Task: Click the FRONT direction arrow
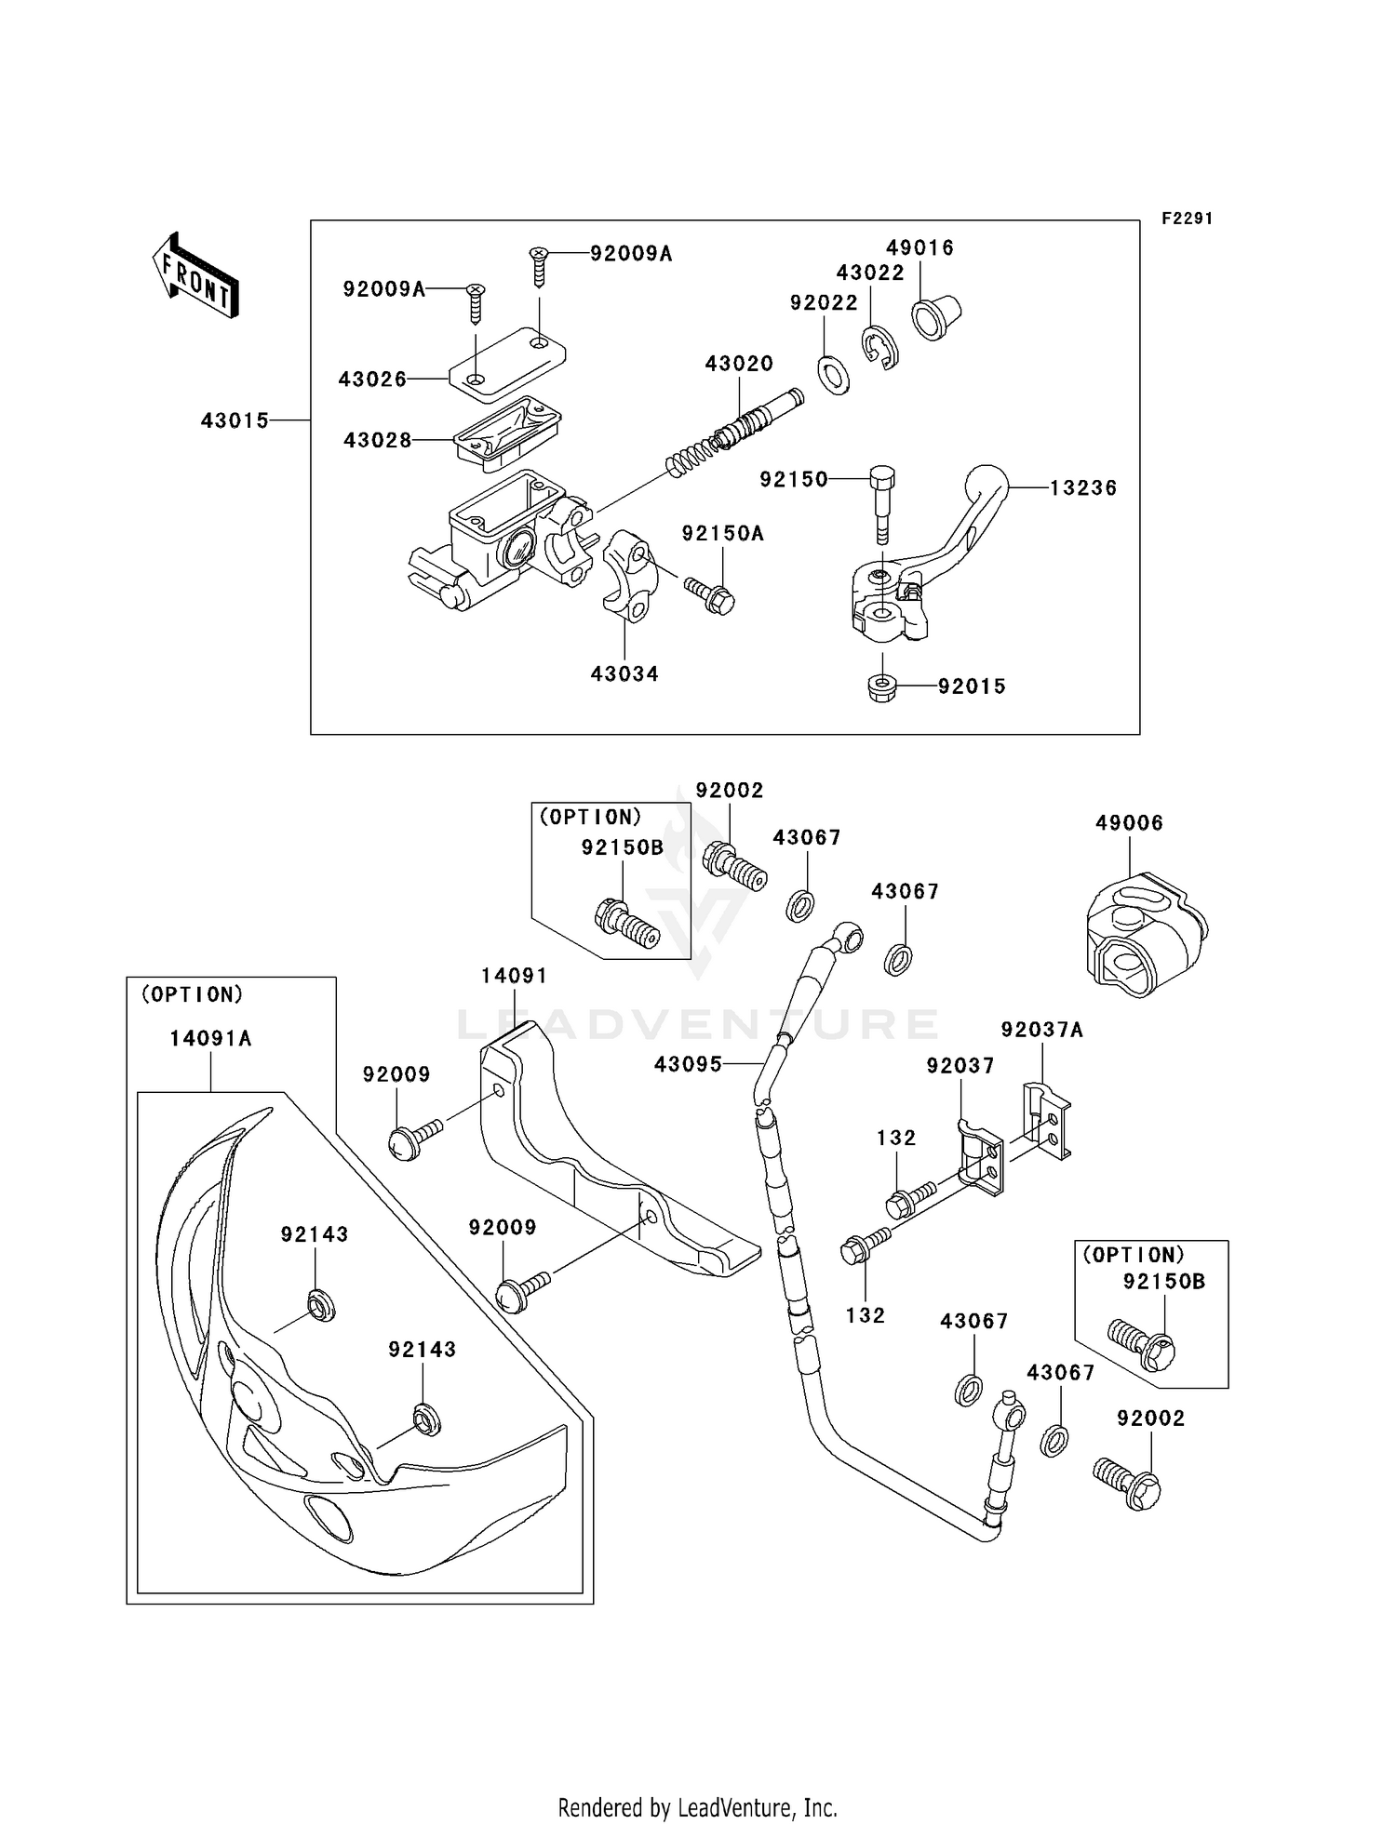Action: click(195, 275)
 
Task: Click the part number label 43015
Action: click(235, 420)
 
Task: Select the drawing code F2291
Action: click(1187, 219)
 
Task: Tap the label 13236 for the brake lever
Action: click(1083, 487)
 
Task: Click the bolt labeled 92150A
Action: click(710, 594)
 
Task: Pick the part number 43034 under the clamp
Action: click(624, 673)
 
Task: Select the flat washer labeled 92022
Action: click(833, 374)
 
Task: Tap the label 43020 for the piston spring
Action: click(739, 364)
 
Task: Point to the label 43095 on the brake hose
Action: click(688, 1064)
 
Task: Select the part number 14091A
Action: click(211, 1038)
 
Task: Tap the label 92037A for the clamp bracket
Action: click(1042, 1030)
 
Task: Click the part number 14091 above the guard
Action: click(515, 976)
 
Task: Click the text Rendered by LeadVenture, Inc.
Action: click(697, 1807)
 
